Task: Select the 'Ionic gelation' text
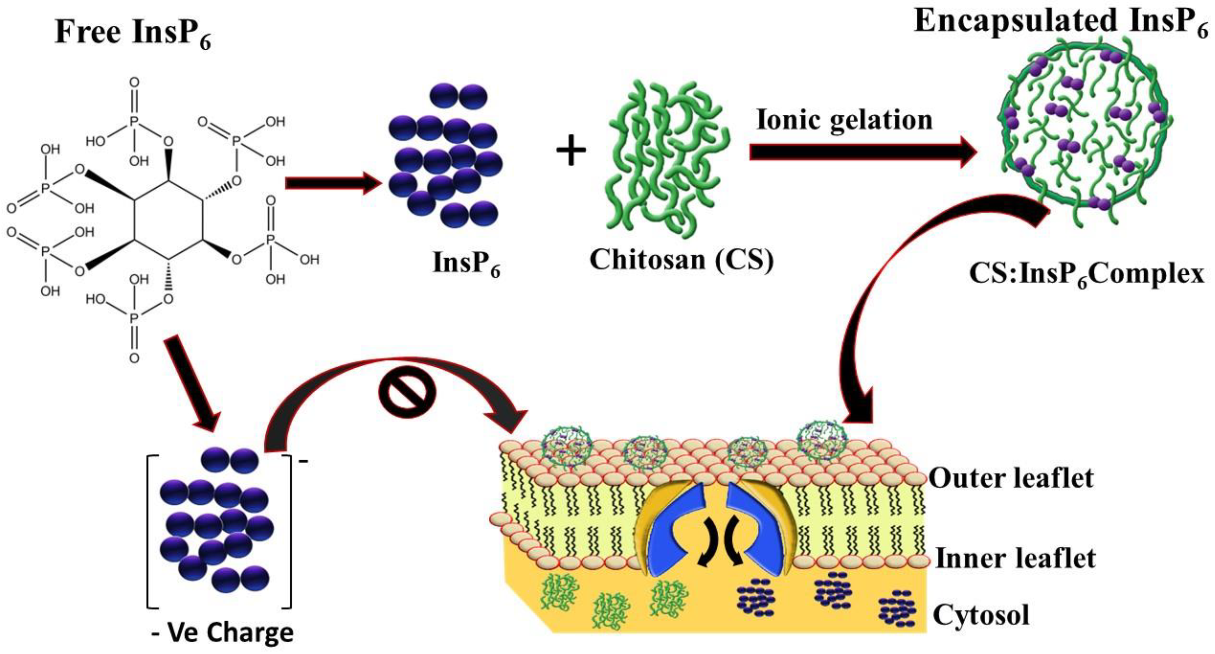(844, 120)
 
